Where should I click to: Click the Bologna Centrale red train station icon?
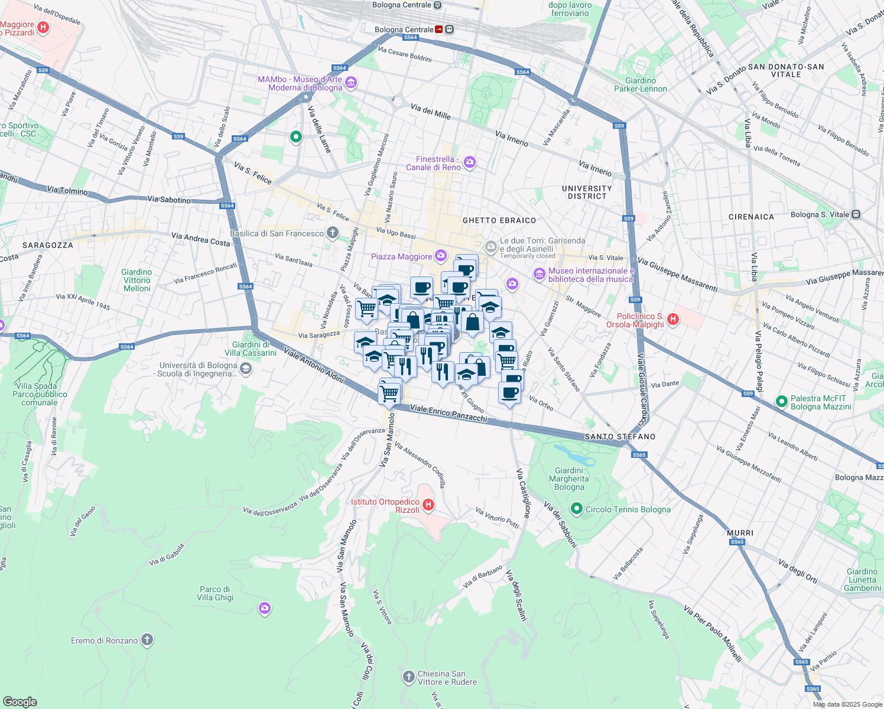[440, 30]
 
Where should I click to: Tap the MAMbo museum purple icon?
[351, 83]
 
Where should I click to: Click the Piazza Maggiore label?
[401, 256]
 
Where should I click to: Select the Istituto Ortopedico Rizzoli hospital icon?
[429, 505]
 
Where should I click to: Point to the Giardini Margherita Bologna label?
[569, 479]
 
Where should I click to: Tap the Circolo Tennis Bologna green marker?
[577, 509]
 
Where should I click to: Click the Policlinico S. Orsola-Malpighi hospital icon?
[672, 320]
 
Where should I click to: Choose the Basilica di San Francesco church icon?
[333, 233]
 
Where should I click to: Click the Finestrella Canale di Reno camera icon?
[470, 162]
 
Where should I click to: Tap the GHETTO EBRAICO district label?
[499, 220]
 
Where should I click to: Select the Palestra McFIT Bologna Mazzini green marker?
[781, 402]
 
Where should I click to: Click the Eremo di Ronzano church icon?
[147, 640]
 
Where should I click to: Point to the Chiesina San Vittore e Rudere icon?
[408, 677]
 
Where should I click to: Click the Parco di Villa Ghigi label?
[215, 593]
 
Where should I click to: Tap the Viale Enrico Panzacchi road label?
[448, 414]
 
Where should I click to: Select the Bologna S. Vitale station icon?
[856, 214]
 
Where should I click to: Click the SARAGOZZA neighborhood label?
[48, 245]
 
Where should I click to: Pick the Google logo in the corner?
[19, 701]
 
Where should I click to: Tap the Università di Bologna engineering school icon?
[246, 369]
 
